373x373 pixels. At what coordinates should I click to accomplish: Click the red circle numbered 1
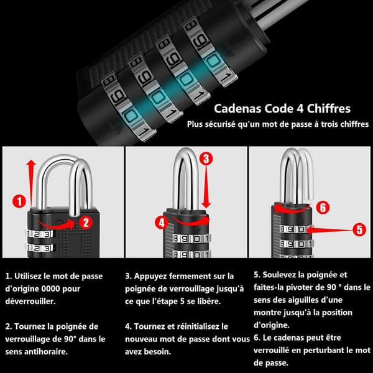coord(19,201)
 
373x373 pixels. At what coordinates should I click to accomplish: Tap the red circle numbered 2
coord(86,223)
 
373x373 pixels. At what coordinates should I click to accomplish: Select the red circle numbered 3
coord(206,159)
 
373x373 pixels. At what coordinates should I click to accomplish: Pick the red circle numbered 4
coord(162,223)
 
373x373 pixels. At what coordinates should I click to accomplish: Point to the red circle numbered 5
coord(359,229)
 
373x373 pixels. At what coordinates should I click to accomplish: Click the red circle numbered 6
coord(323,207)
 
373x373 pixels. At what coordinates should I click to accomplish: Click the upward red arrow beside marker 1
coord(31,183)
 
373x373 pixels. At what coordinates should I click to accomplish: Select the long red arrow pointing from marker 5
coord(329,230)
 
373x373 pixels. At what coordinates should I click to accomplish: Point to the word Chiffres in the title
coord(328,108)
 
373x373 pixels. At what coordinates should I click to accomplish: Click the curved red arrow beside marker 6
coord(292,210)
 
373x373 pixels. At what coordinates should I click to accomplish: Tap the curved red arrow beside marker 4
coord(191,222)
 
